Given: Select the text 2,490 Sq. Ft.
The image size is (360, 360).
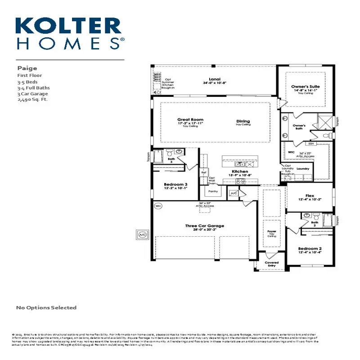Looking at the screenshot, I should [32, 100].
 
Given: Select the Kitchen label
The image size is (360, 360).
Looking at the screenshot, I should [240, 172].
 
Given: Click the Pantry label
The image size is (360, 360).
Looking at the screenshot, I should [213, 191].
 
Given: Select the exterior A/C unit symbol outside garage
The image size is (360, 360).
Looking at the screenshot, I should [142, 234].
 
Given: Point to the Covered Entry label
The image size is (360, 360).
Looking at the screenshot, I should [271, 264].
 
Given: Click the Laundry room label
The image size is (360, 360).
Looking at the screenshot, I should [303, 169].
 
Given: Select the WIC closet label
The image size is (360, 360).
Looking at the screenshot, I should [291, 153].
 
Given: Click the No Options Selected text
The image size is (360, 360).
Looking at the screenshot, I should [46, 308].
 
